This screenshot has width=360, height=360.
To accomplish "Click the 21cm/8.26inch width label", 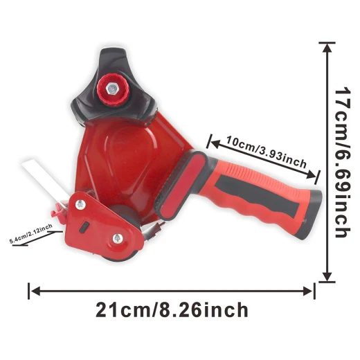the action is click(x=172, y=310).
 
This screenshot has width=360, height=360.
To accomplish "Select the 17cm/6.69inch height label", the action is click(x=343, y=162).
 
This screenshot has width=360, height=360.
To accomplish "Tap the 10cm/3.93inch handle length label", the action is click(x=267, y=152).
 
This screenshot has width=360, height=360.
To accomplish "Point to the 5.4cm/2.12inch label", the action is click(x=30, y=233).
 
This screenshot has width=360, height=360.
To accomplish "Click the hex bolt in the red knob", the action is click(x=112, y=89).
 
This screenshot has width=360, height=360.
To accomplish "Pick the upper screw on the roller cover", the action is click(x=80, y=204).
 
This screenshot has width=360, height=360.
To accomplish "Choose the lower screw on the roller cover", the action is click(x=118, y=238).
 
